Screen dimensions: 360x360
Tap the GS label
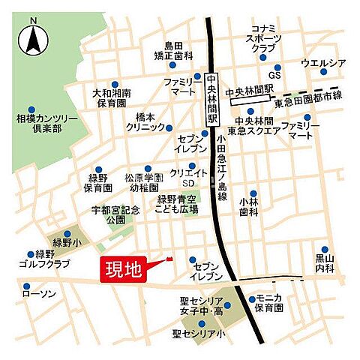[276, 76]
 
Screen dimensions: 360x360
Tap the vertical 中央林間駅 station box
[211, 99]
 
